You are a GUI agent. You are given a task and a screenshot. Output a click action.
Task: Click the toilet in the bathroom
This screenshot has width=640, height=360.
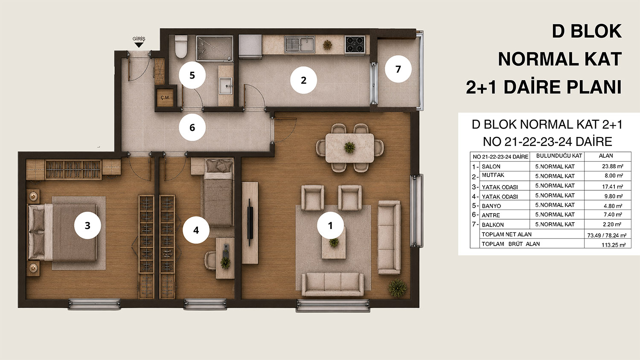click(x=181, y=46)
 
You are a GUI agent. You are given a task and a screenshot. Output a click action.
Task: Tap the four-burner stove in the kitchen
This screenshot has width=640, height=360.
click(x=355, y=44)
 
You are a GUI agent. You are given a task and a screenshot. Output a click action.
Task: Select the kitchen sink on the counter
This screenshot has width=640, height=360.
click(x=300, y=44)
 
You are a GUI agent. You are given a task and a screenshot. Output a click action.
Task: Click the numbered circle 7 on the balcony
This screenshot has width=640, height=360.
click(x=398, y=69)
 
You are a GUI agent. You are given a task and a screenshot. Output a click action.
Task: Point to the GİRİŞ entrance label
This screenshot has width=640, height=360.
click(x=139, y=38)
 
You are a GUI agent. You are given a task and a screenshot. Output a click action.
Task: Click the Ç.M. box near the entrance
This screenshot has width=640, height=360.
click(x=165, y=98)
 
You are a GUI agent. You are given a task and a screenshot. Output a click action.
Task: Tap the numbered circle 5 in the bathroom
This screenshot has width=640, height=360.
click(x=192, y=75)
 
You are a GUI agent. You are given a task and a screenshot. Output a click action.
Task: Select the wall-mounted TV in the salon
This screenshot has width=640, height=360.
click(x=250, y=222)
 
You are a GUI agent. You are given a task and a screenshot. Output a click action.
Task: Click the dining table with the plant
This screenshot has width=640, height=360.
click(x=350, y=148)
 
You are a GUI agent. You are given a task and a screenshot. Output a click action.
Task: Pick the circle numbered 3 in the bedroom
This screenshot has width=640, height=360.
click(x=87, y=226)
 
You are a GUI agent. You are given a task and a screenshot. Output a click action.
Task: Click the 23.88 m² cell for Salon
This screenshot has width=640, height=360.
click(x=613, y=166)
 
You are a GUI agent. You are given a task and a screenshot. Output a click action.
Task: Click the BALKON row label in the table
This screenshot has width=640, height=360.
click(x=492, y=224)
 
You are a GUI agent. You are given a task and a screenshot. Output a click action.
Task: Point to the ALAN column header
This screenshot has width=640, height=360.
click(x=606, y=156)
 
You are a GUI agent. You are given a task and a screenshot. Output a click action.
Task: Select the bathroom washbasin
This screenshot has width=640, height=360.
click(x=226, y=86)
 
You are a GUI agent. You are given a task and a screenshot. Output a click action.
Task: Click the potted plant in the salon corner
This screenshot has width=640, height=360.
click(x=397, y=288)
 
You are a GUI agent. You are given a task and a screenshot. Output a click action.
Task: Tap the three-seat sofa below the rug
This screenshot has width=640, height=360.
click(x=332, y=284)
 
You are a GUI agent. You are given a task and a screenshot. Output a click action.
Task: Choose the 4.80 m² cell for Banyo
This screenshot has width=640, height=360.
click(x=613, y=206)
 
